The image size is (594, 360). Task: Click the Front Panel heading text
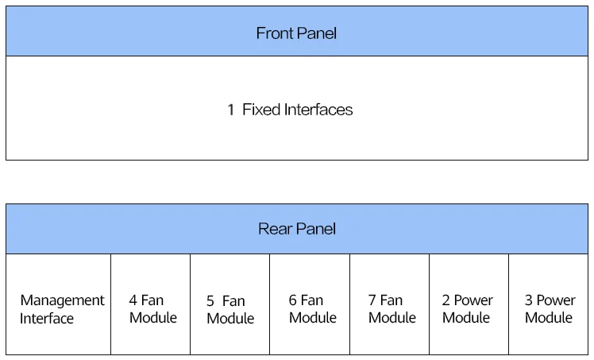pyautogui.click(x=296, y=33)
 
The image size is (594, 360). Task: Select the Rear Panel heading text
pyautogui.click(x=297, y=229)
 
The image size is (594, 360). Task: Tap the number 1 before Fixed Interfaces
pyautogui.click(x=230, y=110)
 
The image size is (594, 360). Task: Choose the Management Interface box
pyautogui.click(x=58, y=304)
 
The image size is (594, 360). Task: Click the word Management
pyautogui.click(x=62, y=300)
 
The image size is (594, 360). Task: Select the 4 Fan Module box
pyautogui.click(x=150, y=304)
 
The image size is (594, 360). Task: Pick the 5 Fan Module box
pyautogui.click(x=230, y=304)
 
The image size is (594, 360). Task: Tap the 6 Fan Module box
pyautogui.click(x=310, y=304)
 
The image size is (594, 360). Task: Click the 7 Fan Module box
pyautogui.click(x=389, y=304)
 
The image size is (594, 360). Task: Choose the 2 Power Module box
pyautogui.click(x=469, y=304)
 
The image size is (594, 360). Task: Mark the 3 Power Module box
pyautogui.click(x=549, y=304)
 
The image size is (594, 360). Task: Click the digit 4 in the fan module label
pyautogui.click(x=133, y=300)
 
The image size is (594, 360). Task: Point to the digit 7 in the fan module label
pyautogui.click(x=372, y=300)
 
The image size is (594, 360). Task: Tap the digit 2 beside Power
pyautogui.click(x=445, y=300)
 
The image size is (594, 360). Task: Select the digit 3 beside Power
pyautogui.click(x=528, y=300)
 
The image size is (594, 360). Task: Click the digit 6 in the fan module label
pyautogui.click(x=292, y=300)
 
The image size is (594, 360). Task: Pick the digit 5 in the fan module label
pyautogui.click(x=210, y=301)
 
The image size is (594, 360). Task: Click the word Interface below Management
pyautogui.click(x=47, y=319)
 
